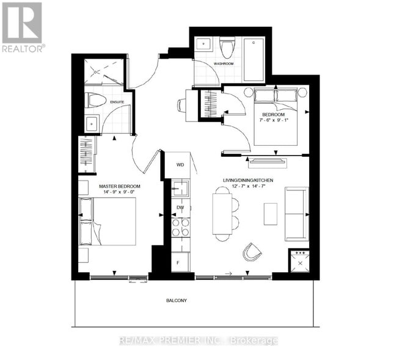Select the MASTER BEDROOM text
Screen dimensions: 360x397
coord(120,186)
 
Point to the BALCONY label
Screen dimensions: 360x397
coord(177,300)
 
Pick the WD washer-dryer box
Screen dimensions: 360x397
coord(180,165)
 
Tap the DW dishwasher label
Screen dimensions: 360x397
coord(180,208)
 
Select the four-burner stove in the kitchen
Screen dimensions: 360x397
coord(180,228)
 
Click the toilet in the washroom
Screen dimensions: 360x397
coord(228,48)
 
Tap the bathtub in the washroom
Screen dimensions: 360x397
coord(253,60)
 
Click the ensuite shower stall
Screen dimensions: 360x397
coord(104,72)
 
